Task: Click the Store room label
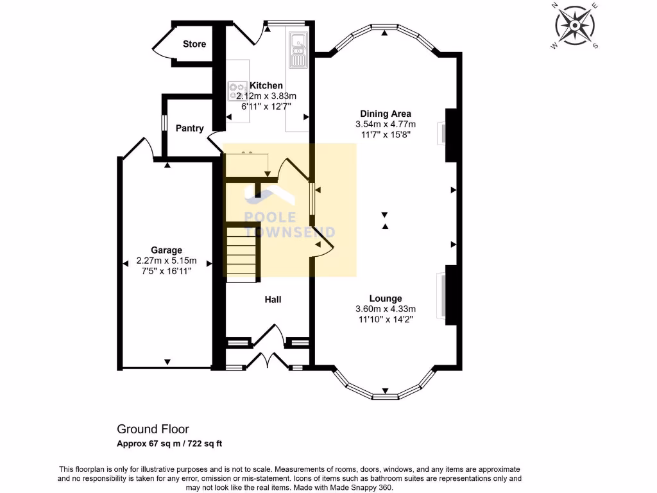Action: coord(194,44)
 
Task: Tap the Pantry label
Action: coord(189,128)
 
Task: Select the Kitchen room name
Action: coord(266,85)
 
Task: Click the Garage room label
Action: coord(166,250)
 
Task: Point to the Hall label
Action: coord(273,299)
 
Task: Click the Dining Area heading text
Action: coord(386,114)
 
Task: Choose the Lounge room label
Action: coord(386,298)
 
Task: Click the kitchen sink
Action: coord(298,49)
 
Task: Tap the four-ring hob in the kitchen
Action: coord(237,90)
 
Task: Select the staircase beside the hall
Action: coord(242,254)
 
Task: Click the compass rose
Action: coord(575,26)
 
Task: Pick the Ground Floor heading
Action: coord(153,429)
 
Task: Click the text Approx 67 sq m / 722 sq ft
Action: coord(169,444)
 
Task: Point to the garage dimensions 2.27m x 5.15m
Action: coord(166,261)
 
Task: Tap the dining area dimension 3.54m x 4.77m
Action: coord(386,125)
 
